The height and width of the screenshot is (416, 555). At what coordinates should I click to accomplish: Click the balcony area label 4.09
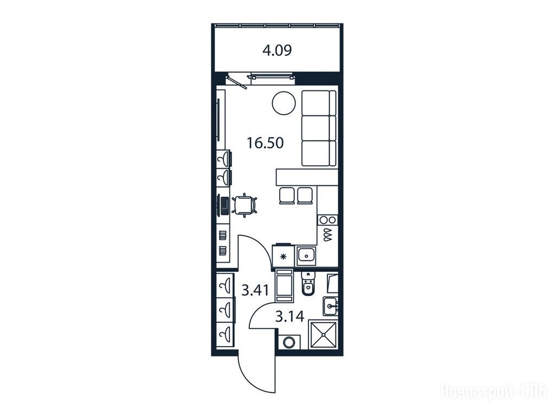[277, 50]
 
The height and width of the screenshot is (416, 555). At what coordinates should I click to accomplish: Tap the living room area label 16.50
[265, 143]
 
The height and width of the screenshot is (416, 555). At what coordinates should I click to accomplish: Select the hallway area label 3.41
[255, 290]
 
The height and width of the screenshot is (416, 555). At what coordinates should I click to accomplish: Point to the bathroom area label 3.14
[289, 316]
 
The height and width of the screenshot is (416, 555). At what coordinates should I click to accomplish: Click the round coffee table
[283, 103]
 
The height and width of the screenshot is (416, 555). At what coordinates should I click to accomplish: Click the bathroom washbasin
[330, 306]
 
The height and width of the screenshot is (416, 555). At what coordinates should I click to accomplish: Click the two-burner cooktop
[327, 220]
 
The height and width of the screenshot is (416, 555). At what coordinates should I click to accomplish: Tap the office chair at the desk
[244, 205]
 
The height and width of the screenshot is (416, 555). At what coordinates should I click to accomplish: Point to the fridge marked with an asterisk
[283, 256]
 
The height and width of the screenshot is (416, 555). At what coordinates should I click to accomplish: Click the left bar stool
[287, 196]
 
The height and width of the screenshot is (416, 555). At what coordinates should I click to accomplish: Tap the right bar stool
[305, 196]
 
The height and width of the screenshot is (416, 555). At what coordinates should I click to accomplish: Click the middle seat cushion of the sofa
[319, 128]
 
